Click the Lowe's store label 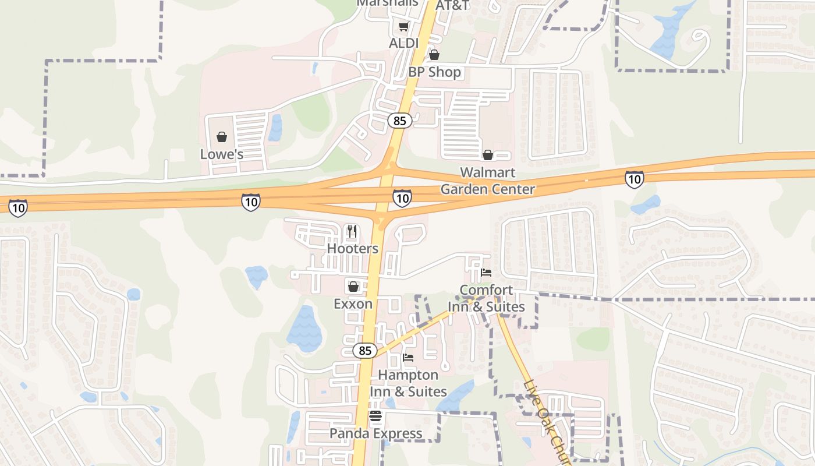[x=221, y=154]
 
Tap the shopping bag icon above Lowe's [x=222, y=137]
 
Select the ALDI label [x=403, y=43]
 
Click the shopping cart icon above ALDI [x=403, y=26]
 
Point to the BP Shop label [x=434, y=72]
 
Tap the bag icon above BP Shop [x=434, y=55]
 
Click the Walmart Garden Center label [x=488, y=181]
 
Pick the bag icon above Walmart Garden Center [x=488, y=155]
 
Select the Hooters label [x=352, y=248]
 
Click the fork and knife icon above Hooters [x=352, y=231]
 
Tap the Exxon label [x=353, y=303]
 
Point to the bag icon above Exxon [x=353, y=287]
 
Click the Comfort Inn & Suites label [x=486, y=298]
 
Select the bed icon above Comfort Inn [x=487, y=273]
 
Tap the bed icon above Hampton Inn [x=408, y=357]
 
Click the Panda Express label [x=375, y=433]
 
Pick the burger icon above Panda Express [x=375, y=416]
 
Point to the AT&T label [x=452, y=5]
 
